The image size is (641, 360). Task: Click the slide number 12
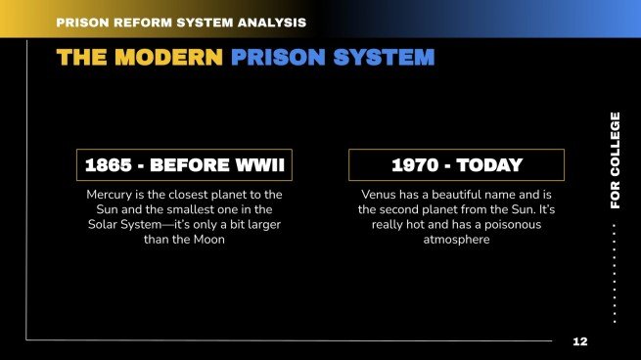580,341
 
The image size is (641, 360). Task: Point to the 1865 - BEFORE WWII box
184,165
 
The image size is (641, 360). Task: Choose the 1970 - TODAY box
457,165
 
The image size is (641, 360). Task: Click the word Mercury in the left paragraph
112,195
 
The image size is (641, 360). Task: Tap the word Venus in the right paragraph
381,195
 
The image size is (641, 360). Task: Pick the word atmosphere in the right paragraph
457,240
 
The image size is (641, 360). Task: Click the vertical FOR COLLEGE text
615,159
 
